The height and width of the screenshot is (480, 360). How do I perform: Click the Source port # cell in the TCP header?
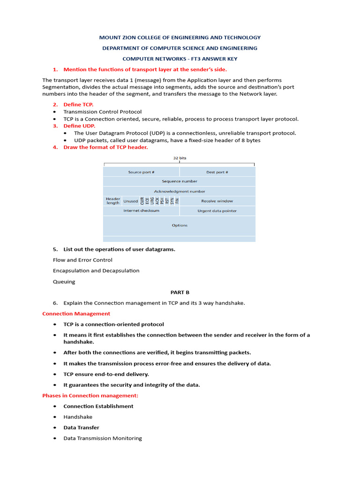141,172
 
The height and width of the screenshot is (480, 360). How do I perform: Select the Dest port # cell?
217,172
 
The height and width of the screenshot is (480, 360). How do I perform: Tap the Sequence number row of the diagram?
180,181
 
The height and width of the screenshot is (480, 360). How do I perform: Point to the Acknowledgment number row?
180,191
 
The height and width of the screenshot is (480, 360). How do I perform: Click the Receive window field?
217,201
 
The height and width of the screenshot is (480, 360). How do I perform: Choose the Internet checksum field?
141,211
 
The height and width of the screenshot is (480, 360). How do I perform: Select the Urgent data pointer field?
217,211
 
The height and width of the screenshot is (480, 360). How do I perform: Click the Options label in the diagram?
180,225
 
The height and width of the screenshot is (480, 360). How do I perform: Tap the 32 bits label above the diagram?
180,158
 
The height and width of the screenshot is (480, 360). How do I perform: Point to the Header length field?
112,201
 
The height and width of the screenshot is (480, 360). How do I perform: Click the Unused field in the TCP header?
130,201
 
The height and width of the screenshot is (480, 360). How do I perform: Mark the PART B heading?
180,292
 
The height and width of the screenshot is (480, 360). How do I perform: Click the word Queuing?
64,282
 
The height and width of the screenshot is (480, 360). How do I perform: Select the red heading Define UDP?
79,126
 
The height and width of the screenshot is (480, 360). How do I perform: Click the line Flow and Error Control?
82,260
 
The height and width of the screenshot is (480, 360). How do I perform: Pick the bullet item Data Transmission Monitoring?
103,438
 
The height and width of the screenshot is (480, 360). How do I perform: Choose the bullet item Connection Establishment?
98,406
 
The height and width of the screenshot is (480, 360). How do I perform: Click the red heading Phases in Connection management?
90,396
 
